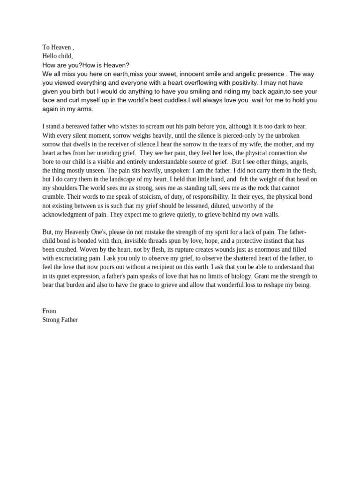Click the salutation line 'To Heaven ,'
58,47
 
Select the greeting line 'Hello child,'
58,56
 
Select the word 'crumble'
53,197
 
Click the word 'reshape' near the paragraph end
272,285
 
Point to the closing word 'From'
49,311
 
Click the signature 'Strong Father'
60,320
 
